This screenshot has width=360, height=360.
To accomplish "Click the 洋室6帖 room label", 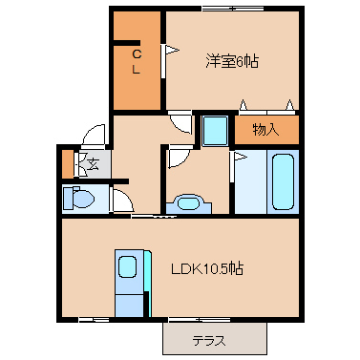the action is click(x=231, y=61).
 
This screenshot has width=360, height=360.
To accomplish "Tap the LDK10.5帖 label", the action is click(x=207, y=269).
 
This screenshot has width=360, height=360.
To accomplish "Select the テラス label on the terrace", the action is click(x=209, y=341).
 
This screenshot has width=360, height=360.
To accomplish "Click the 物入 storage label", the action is click(x=265, y=130).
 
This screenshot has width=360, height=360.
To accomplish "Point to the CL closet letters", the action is click(x=137, y=62).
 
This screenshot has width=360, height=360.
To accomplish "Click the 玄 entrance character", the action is click(x=93, y=163).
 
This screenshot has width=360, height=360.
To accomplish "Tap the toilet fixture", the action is click(x=78, y=198).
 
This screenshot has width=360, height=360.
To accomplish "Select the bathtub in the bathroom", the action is click(x=283, y=181).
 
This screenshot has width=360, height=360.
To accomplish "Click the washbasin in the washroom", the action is click(x=189, y=203).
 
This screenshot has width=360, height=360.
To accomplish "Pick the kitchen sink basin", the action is click(x=127, y=266).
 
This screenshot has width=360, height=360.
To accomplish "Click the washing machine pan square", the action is click(x=215, y=131).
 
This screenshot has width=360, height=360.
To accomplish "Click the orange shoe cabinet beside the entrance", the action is click(x=67, y=163).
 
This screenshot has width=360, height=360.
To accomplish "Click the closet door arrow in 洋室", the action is click(x=170, y=50).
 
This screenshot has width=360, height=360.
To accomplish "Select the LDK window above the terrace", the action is click(x=200, y=320).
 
